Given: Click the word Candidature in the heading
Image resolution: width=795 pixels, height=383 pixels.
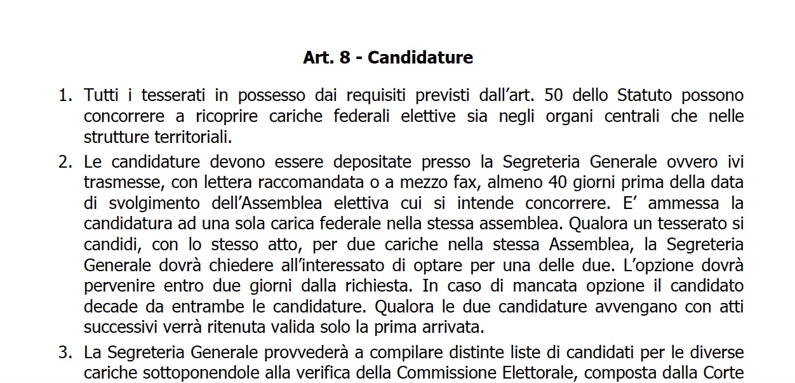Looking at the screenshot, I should pos(420,58).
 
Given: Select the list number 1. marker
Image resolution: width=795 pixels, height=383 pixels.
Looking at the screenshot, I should pos(65,96).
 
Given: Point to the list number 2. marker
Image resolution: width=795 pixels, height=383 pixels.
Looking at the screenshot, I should pos(65,162).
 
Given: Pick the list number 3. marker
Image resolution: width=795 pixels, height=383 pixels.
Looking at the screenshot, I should pos(65,353).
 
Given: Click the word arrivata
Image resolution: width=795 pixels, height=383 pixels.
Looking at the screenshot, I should pos(458,328).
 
